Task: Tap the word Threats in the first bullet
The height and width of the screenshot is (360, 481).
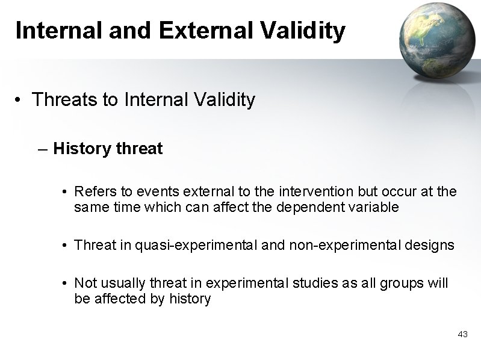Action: tap(66, 99)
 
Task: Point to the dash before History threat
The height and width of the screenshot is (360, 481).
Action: tap(42, 149)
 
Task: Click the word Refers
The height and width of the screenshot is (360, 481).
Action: tap(92, 191)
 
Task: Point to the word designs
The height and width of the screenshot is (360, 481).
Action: tap(429, 245)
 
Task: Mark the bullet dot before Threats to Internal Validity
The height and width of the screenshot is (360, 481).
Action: tap(20, 100)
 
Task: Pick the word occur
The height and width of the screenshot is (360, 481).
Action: tap(387, 191)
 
